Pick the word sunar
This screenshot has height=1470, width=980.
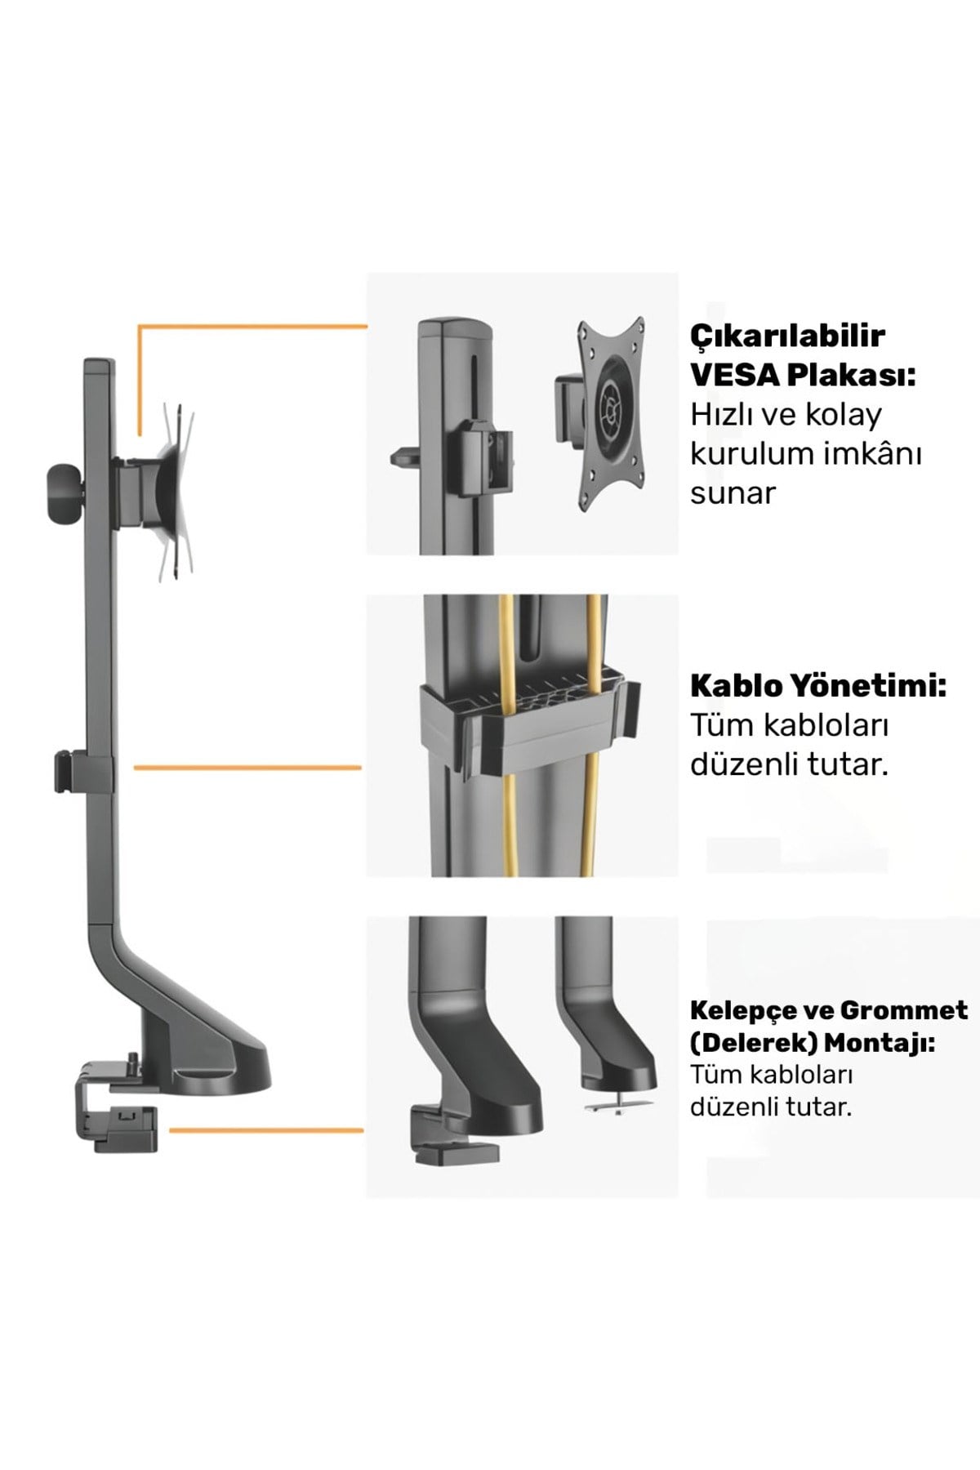click(x=733, y=494)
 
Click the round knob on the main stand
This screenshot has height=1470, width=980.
click(x=62, y=492)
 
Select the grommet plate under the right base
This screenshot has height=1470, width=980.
click(x=618, y=1102)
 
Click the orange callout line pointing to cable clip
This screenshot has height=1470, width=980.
click(x=247, y=768)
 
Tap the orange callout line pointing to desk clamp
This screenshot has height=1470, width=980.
click(x=265, y=1130)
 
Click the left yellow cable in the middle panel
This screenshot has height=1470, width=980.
click(x=506, y=735)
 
